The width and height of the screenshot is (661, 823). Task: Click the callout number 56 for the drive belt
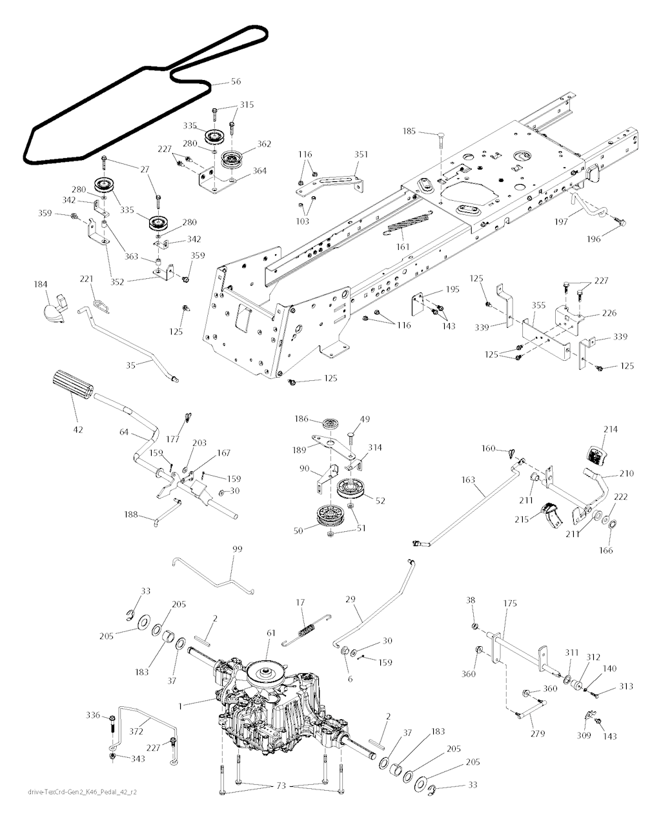[x=236, y=82]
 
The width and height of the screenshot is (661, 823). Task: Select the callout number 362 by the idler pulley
[x=264, y=144]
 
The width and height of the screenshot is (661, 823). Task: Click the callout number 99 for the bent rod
[x=238, y=549]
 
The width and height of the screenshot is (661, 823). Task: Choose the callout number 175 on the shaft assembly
[x=510, y=603]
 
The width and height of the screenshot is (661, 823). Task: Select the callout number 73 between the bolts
[x=281, y=786]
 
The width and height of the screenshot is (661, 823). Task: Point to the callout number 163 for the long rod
[x=468, y=480]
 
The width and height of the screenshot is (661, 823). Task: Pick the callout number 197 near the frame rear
[x=561, y=221]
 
